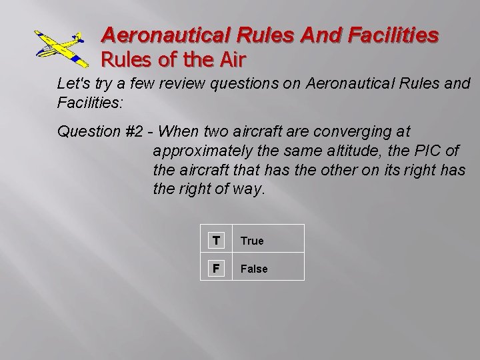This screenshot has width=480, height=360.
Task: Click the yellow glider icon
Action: (x=61, y=48)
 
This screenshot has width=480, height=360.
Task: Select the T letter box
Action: (x=216, y=240)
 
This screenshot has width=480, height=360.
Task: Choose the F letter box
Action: (x=216, y=268)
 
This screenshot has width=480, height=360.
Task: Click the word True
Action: (x=252, y=241)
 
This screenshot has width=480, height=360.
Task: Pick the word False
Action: (x=254, y=269)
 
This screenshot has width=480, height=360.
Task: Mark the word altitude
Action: (x=355, y=151)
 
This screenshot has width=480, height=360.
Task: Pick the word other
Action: (x=341, y=170)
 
